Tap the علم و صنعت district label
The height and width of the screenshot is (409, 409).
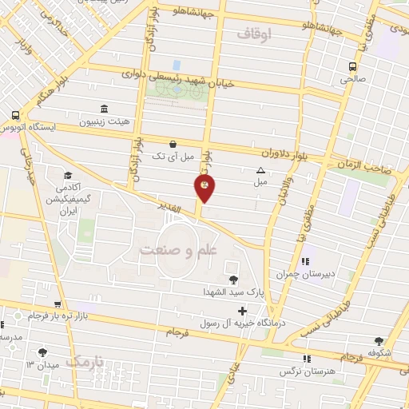(179, 251)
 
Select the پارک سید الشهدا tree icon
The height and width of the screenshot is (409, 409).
(232, 280)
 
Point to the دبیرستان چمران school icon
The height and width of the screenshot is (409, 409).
(305, 260)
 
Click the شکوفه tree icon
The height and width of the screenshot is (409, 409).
(379, 340)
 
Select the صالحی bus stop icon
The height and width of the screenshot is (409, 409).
(352, 66)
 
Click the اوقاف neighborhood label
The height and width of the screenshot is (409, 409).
(256, 34)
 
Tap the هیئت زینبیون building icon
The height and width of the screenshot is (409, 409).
(104, 109)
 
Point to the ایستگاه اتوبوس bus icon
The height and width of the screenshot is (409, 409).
(15, 115)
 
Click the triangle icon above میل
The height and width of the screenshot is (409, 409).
(260, 170)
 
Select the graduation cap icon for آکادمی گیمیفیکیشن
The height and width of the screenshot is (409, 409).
(68, 175)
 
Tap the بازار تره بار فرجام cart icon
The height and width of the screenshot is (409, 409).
(58, 304)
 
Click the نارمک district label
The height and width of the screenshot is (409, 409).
(86, 363)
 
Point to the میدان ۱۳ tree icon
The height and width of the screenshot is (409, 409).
(42, 351)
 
